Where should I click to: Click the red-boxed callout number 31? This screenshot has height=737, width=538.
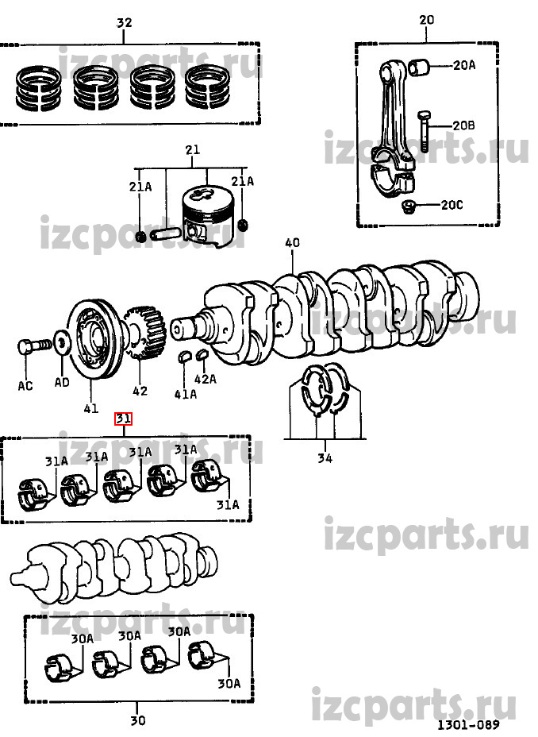tap(124, 418)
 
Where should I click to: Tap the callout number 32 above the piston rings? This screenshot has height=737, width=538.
tap(124, 22)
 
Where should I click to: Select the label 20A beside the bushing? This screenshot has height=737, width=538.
tap(464, 65)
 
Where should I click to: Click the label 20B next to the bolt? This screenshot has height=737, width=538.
tap(463, 125)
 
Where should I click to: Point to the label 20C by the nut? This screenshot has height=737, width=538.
tap(452, 205)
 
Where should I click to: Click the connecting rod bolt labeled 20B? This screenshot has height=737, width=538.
tap(423, 132)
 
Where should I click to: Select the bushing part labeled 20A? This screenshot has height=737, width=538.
tap(418, 68)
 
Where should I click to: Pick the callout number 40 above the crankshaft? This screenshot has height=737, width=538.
tap(292, 242)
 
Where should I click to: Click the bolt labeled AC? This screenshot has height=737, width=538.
tap(34, 347)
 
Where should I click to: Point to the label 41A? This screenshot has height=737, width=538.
tap(186, 394)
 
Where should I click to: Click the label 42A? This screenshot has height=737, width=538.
tap(206, 378)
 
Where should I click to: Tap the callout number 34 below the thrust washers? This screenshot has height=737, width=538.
tap(325, 457)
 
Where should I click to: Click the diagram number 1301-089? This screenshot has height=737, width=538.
tap(468, 725)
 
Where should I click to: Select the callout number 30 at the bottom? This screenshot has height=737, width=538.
tap(137, 720)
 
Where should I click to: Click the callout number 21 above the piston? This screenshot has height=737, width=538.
tap(193, 150)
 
